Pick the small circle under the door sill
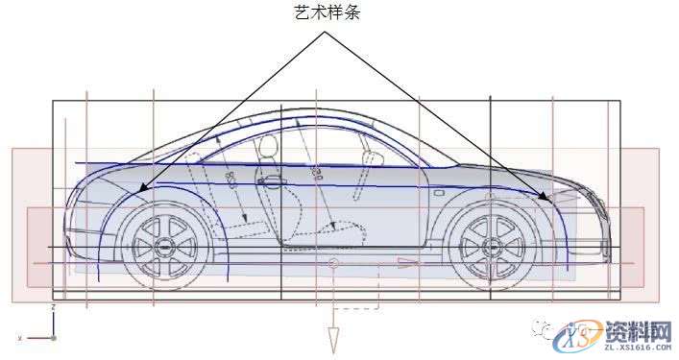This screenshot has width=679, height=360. click(333, 262)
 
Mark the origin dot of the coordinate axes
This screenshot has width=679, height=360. click(54, 338)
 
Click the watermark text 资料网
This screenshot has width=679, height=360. click(637, 331)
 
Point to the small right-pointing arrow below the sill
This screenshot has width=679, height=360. click(407, 261)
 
